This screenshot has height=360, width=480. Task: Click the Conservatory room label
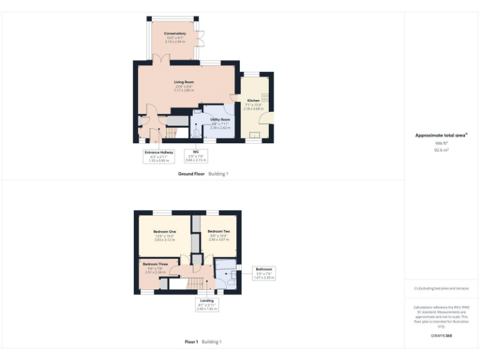[175, 33]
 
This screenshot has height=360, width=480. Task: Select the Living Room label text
[184, 82]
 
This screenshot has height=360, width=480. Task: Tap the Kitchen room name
[253, 101]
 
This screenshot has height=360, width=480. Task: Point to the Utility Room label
[220, 119]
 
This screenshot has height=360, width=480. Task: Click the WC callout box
[196, 156]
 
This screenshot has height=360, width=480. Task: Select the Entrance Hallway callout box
[159, 156]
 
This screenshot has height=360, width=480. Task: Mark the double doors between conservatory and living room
[160, 59]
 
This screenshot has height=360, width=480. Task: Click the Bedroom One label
[165, 232]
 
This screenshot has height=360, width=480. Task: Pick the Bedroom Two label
[219, 232]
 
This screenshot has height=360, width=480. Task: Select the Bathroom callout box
[264, 272]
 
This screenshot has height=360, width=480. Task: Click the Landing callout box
[206, 304]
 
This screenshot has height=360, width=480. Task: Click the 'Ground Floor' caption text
[191, 174]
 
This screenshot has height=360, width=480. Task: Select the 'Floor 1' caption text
[191, 342]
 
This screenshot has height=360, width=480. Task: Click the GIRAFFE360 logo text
[441, 336]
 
